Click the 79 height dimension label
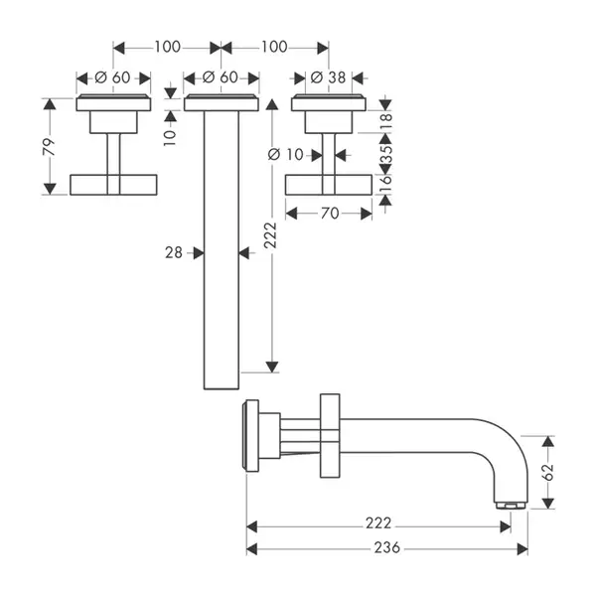pyautogui.click(x=49, y=147)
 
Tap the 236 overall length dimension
pyautogui.click(x=387, y=547)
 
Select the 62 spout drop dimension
pyautogui.click(x=547, y=472)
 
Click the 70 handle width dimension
pyautogui.click(x=330, y=214)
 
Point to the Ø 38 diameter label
pyautogui.click(x=328, y=77)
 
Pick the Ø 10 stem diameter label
pyautogui.click(x=286, y=155)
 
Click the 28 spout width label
pyautogui.click(x=174, y=252)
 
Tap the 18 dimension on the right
pyautogui.click(x=385, y=121)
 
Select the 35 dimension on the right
pyautogui.click(x=385, y=154)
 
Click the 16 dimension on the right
pyautogui.click(x=385, y=184)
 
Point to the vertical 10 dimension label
pyautogui.click(x=170, y=138)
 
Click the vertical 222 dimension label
pyautogui.click(x=270, y=235)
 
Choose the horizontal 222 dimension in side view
pyautogui.click(x=378, y=523)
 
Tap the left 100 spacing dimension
pyautogui.click(x=167, y=47)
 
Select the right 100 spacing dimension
pyautogui.click(x=274, y=47)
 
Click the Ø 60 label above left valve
pyautogui.click(x=112, y=77)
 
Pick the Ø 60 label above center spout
pyautogui.click(x=221, y=77)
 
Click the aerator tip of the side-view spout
pyautogui.click(x=511, y=506)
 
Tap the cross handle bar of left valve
pyautogui.click(x=113, y=185)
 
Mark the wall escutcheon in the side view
pyautogui.click(x=250, y=436)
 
